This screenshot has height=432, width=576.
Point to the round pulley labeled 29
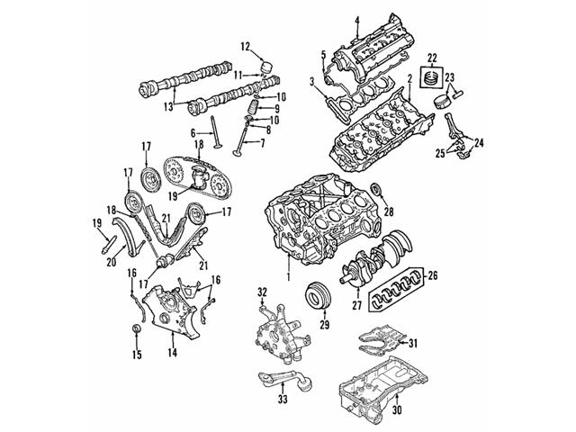pos(317,295)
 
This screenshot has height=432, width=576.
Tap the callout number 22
pos(432,58)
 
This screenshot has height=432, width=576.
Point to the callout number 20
pos(112,262)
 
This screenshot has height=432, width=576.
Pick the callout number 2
pos(409,80)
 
